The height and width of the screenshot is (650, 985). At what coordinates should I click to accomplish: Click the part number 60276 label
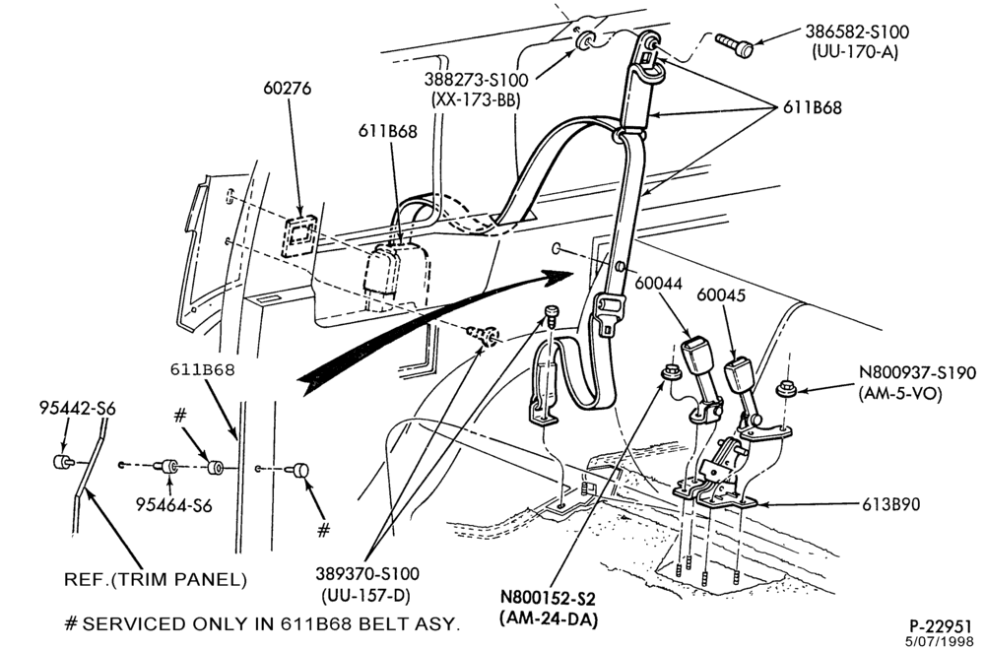pyautogui.click(x=287, y=88)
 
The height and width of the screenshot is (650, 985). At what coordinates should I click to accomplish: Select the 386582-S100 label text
pyautogui.click(x=857, y=32)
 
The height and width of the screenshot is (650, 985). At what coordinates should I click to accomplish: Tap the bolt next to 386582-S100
pyautogui.click(x=734, y=44)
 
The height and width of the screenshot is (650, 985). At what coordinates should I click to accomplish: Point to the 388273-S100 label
pyautogui.click(x=476, y=80)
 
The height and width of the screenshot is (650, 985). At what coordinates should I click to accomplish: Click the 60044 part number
pyautogui.click(x=658, y=284)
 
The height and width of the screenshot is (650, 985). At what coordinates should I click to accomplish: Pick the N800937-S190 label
pyautogui.click(x=918, y=373)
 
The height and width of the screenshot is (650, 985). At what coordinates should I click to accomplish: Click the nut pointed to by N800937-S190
pyautogui.click(x=785, y=389)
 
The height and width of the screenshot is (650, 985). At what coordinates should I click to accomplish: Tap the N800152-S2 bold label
pyautogui.click(x=548, y=596)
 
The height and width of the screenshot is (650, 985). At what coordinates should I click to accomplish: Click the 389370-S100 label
pyautogui.click(x=367, y=573)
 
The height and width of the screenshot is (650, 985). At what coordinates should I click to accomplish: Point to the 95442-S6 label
pyautogui.click(x=77, y=408)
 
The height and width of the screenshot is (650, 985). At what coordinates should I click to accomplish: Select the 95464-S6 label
pyautogui.click(x=174, y=504)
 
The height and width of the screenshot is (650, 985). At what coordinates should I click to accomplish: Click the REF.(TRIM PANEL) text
pyautogui.click(x=156, y=579)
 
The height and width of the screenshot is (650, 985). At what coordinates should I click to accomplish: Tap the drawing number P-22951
pyautogui.click(x=941, y=626)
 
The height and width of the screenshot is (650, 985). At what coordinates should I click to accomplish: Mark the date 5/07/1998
pyautogui.click(x=939, y=642)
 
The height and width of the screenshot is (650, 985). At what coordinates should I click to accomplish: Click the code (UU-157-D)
pyautogui.click(x=367, y=594)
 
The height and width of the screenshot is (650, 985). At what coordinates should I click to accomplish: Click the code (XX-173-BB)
pyautogui.click(x=476, y=100)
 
